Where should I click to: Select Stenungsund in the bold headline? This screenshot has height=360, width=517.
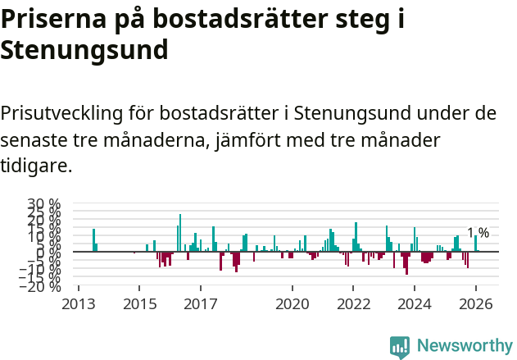[84, 51]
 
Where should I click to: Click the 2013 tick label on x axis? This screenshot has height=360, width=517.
[79, 304]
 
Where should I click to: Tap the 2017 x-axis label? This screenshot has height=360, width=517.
[200, 304]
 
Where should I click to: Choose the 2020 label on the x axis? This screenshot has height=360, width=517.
[292, 304]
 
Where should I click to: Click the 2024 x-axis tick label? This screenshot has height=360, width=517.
[415, 304]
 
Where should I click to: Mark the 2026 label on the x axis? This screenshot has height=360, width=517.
[476, 304]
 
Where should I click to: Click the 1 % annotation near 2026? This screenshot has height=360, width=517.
[478, 233]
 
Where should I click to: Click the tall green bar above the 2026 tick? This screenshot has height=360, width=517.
[475, 244]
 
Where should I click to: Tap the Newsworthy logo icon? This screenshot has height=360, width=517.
[400, 346]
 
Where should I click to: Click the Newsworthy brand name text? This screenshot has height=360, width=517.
[464, 346]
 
